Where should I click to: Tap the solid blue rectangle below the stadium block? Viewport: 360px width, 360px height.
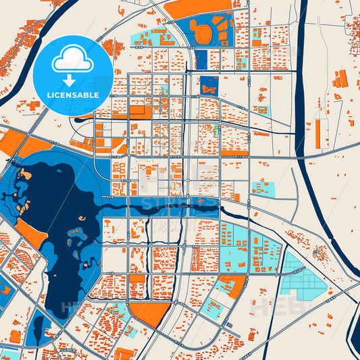[201, 59]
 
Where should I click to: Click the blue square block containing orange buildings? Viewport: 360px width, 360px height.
[209, 85]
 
